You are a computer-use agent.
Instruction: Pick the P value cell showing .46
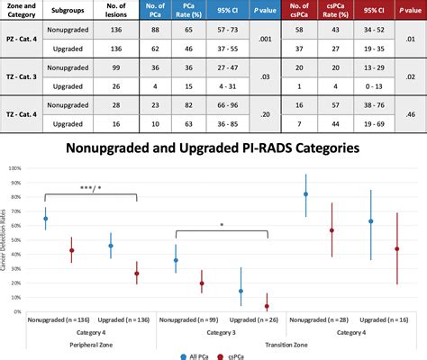point(410,114)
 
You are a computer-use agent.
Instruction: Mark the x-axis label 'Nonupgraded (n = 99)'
point(186,319)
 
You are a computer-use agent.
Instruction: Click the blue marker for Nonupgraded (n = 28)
point(306,194)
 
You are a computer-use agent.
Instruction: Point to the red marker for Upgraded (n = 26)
point(267,305)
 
